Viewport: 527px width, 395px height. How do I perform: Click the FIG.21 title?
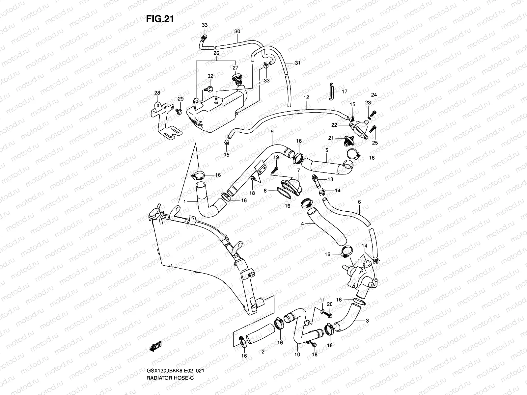pyautogui.click(x=160, y=19)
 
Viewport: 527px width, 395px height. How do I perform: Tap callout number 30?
pyautogui.click(x=237, y=32)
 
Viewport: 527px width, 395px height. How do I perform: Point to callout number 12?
pyautogui.click(x=306, y=97)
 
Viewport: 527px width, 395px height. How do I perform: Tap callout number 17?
pyautogui.click(x=345, y=92)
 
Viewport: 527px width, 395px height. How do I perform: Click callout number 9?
pyautogui.click(x=272, y=132)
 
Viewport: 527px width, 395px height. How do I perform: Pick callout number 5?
pyautogui.click(x=327, y=150)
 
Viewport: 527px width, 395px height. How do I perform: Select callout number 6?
pyautogui.click(x=359, y=202)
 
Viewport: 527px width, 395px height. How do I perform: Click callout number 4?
pyautogui.click(x=302, y=224)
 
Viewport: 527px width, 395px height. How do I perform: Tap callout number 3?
pyautogui.click(x=367, y=320)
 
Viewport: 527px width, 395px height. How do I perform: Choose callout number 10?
pyautogui.click(x=297, y=355)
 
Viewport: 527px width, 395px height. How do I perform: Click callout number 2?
pyautogui.click(x=263, y=352)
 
